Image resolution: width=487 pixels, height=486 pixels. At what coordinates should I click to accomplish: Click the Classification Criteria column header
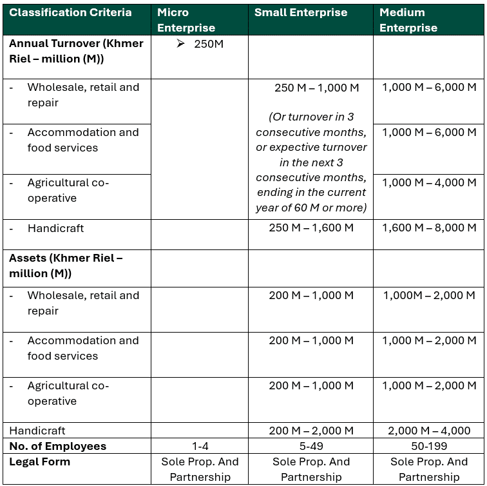(70, 13)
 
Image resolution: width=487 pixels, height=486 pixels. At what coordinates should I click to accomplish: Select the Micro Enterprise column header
(186, 20)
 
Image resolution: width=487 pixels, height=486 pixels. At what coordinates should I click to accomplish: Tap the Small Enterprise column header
(301, 13)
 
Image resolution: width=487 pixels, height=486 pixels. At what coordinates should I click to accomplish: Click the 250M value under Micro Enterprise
(209, 44)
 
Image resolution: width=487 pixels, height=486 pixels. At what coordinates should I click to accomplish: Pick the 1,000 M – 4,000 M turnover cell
(429, 183)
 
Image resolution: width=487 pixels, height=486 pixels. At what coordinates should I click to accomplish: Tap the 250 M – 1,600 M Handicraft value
(311, 228)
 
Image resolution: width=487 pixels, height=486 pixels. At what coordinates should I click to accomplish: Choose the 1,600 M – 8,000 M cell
(429, 228)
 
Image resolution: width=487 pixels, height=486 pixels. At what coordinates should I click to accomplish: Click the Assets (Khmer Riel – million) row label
(66, 266)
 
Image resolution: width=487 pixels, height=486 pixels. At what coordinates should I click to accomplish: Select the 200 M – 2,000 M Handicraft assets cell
(311, 431)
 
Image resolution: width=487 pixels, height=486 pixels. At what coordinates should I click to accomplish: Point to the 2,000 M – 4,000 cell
(429, 431)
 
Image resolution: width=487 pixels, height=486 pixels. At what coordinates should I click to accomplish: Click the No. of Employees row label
(57, 446)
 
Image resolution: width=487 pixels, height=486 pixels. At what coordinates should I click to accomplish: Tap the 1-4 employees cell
(200, 446)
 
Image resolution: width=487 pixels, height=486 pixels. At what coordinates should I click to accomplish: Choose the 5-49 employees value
(311, 446)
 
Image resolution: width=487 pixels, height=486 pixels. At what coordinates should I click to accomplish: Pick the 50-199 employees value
(429, 446)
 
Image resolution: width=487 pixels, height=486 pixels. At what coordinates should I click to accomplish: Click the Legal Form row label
(39, 462)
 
